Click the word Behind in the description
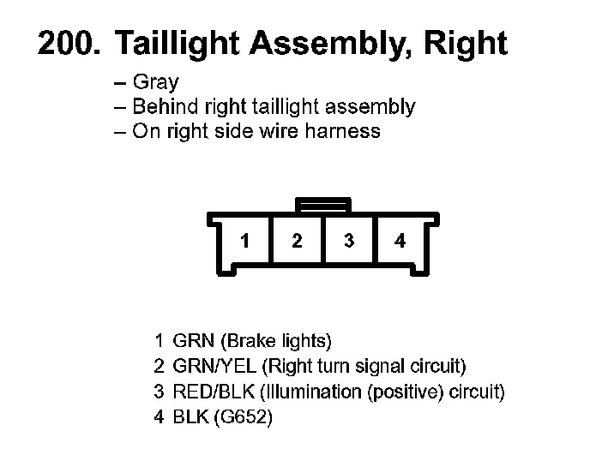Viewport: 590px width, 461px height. (x=164, y=107)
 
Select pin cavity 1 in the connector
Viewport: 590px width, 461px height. (x=245, y=241)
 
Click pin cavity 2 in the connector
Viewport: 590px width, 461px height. (x=297, y=241)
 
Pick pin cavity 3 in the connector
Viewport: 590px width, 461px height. (x=348, y=241)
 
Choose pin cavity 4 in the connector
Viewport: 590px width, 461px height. (x=400, y=241)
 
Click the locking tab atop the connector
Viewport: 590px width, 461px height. (x=322, y=205)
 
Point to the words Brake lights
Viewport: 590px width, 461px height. (x=276, y=341)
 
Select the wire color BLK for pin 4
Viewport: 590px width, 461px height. (x=189, y=417)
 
